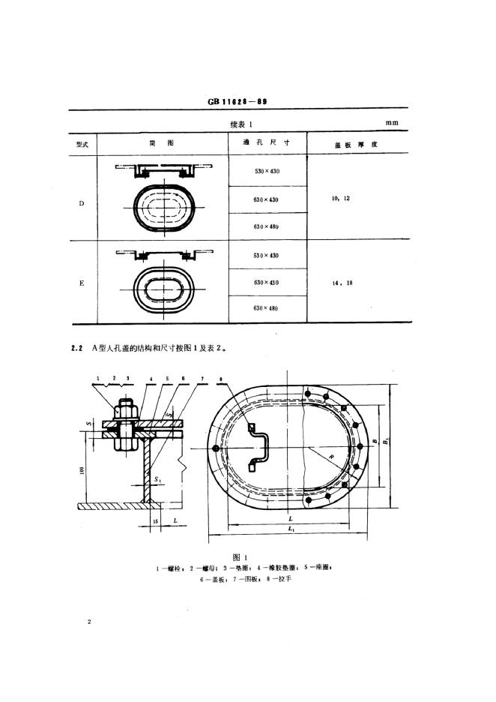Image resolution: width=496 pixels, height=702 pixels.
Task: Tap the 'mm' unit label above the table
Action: pyautogui.click(x=391, y=122)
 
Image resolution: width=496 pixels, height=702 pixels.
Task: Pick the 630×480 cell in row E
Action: pyautogui.click(x=266, y=307)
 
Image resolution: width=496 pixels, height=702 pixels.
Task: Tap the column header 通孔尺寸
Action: pyautogui.click(x=266, y=142)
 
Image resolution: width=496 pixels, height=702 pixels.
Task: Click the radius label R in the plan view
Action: pyautogui.click(x=327, y=454)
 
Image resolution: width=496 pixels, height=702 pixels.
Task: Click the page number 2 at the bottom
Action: pyautogui.click(x=89, y=622)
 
